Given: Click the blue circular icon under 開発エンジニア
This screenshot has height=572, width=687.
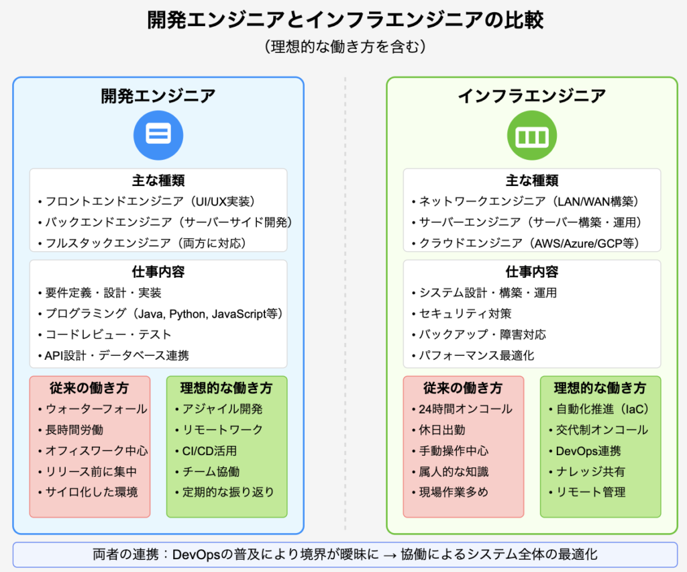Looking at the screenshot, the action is (158, 135).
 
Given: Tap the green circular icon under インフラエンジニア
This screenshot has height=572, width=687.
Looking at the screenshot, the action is (532, 135).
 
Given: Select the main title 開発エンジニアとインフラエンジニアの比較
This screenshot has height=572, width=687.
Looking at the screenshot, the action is (346, 19).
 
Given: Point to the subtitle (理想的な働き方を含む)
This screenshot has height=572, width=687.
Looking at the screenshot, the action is (346, 46).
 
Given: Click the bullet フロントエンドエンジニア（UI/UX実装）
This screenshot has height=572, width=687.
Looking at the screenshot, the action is (147, 201).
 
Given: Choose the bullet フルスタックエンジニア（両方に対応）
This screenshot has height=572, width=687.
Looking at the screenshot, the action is (142, 243).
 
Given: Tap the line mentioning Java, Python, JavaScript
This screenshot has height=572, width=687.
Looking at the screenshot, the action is (160, 314).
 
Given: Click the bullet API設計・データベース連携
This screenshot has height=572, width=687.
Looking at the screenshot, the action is (113, 355).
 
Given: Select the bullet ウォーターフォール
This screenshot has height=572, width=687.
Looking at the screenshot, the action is (93, 409).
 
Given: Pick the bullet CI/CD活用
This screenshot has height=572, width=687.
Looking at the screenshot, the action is (206, 450).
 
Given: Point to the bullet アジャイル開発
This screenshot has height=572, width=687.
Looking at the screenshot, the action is (219, 409).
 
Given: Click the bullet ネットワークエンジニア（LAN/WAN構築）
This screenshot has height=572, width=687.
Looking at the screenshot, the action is (525, 201).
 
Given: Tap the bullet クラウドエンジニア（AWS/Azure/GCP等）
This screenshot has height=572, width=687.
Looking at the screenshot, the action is (525, 243).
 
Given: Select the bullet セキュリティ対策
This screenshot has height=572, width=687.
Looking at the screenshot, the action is (462, 314).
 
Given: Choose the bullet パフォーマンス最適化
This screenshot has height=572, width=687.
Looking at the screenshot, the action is (473, 355).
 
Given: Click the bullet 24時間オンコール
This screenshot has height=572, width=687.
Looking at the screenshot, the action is (462, 409).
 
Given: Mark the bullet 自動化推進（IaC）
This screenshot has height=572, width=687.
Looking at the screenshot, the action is (599, 409).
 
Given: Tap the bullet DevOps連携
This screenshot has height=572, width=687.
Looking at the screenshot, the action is (585, 450).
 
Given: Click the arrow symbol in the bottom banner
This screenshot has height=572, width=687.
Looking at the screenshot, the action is (390, 555).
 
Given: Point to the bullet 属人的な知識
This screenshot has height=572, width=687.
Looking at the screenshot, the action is (450, 471).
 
